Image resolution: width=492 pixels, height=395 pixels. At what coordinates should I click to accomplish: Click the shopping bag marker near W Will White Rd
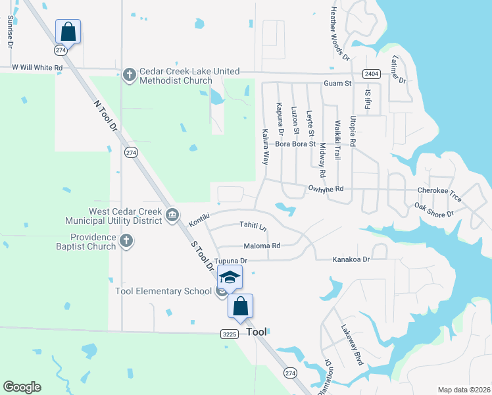click(68, 31)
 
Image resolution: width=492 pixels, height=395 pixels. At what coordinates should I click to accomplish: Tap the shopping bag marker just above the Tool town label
click(241, 306)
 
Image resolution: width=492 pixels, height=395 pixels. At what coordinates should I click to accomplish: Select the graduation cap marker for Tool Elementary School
click(230, 277)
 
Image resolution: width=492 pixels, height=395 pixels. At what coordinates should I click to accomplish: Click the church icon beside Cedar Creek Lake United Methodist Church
click(128, 74)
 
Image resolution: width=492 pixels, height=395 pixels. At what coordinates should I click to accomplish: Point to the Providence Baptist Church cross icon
click(127, 242)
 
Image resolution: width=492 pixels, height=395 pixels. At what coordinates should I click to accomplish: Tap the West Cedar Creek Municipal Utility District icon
click(172, 214)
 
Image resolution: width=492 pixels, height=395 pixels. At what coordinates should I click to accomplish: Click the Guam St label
click(337, 84)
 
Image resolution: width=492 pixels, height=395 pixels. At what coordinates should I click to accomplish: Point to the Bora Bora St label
click(295, 144)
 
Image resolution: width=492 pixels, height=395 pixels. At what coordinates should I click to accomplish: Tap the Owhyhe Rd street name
click(326, 189)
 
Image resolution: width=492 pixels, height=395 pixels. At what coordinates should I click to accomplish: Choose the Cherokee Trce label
click(439, 190)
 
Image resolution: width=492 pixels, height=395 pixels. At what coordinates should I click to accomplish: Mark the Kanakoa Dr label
click(351, 259)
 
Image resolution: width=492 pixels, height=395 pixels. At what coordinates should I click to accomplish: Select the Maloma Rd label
click(262, 246)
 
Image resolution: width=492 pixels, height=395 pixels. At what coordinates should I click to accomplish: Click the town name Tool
click(257, 332)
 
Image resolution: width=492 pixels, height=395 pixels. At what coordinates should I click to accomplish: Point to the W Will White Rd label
click(37, 68)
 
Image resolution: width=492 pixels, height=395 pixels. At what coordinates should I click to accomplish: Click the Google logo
click(22, 386)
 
